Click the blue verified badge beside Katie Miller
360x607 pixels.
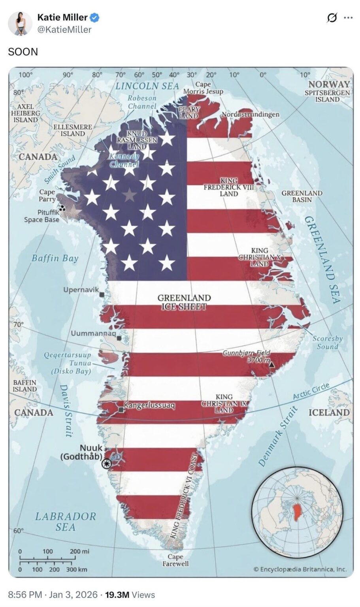[95, 17]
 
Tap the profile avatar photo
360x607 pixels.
[20, 23]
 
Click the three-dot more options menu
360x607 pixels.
[348, 18]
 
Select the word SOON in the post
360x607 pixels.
[23, 52]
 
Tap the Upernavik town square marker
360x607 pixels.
[102, 294]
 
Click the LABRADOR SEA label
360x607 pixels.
[66, 522]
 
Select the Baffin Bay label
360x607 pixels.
[55, 258]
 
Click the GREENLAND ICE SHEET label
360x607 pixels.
[184, 302]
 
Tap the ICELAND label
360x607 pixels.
[329, 413]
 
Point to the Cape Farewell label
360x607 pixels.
[175, 560]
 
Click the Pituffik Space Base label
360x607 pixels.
[42, 216]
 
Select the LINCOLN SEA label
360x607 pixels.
[147, 86]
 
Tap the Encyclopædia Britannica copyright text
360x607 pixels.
[300, 569]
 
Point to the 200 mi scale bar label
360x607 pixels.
[79, 551]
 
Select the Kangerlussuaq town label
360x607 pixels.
[149, 405]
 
